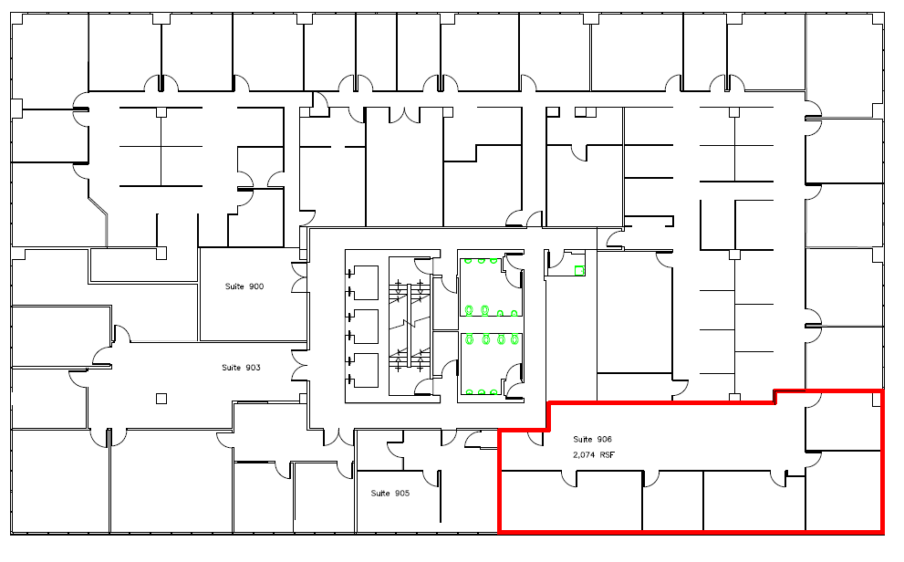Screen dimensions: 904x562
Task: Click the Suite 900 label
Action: click(x=244, y=286)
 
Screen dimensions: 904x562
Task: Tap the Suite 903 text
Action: click(x=241, y=368)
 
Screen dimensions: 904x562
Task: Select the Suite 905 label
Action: click(x=390, y=494)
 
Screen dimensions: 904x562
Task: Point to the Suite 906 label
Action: click(x=592, y=439)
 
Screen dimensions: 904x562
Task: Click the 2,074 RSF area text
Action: click(x=594, y=454)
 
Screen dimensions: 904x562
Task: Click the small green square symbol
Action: click(x=579, y=270)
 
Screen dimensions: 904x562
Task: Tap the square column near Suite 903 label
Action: click(x=161, y=399)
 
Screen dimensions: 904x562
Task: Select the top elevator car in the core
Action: click(x=364, y=283)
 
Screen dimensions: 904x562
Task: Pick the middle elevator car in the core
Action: click(x=364, y=327)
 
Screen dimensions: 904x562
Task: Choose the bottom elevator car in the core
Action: click(x=364, y=370)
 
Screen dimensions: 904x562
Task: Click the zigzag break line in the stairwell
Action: click(x=410, y=324)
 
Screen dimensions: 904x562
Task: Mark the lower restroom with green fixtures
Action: click(x=491, y=366)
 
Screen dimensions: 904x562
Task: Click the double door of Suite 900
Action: click(x=299, y=277)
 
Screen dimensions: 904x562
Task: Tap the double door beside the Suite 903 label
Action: click(x=299, y=366)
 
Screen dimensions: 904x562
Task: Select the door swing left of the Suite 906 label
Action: click(x=535, y=438)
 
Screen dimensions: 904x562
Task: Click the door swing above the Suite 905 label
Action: click(x=431, y=478)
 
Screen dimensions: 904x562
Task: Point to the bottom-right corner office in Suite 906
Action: click(x=843, y=490)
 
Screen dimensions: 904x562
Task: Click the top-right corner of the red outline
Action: click(x=882, y=391)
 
